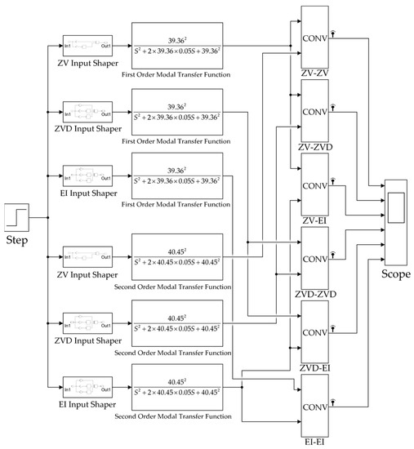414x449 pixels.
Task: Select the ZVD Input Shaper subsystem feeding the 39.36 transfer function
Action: click(87, 113)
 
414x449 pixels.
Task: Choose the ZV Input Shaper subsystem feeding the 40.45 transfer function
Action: click(87, 253)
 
